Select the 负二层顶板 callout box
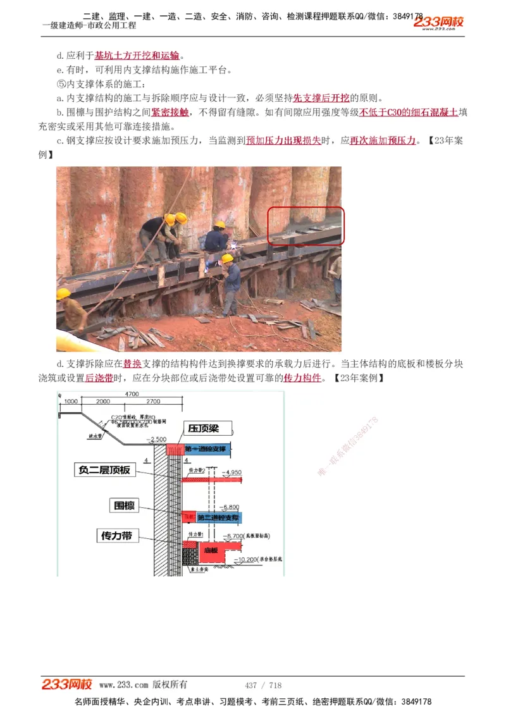(104, 470)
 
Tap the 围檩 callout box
(124, 505)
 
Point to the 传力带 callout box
(117, 536)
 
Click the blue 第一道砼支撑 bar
(208, 449)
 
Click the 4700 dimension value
(132, 394)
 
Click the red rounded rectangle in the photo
(305, 226)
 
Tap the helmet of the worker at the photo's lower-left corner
(63, 293)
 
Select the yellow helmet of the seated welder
(219, 225)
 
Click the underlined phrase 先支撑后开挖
(321, 98)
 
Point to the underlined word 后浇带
(99, 378)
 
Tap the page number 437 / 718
(263, 685)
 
